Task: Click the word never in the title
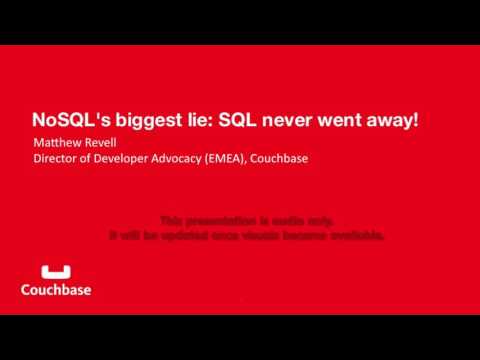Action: tap(302, 119)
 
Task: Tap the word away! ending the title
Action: tap(399, 119)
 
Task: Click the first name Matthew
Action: tap(58, 142)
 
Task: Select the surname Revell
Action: tap(103, 142)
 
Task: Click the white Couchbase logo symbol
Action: tap(56, 271)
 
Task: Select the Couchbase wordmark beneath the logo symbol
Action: tap(56, 290)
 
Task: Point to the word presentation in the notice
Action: tap(224, 220)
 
